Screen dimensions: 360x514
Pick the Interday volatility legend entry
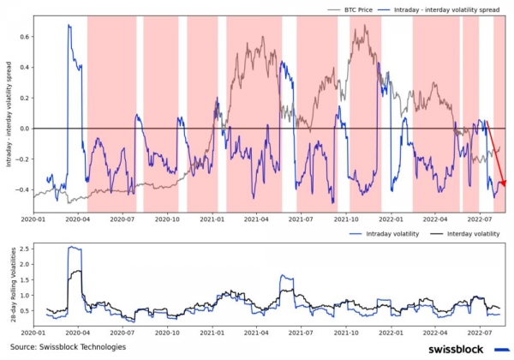point(469,233)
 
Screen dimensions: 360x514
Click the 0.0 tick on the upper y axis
point(25,129)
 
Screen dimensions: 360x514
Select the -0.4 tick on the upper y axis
point(22,189)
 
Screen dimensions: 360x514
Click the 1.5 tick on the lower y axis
point(25,279)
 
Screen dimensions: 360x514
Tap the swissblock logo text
point(452,349)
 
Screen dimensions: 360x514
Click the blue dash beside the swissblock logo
point(502,349)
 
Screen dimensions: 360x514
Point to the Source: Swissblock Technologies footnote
point(69,346)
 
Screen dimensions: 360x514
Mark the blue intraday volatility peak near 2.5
point(74,248)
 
